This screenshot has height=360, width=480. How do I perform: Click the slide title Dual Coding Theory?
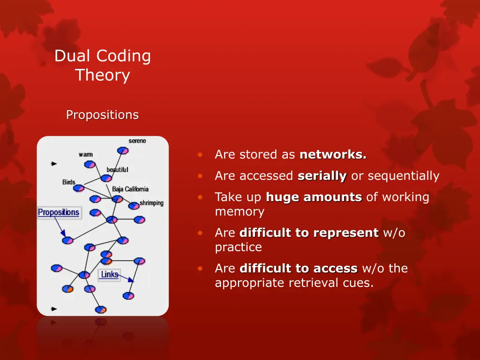[103, 65]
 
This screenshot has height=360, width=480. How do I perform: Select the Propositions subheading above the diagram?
[102, 115]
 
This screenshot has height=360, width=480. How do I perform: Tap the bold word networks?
[333, 155]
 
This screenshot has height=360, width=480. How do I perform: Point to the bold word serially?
[322, 176]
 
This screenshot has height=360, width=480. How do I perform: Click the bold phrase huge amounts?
[314, 197]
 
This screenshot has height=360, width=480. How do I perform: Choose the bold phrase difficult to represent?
[309, 233]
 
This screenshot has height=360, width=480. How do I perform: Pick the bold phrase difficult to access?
[299, 269]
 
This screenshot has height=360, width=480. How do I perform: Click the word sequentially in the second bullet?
[404, 176]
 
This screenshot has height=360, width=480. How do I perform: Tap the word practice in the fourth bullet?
[238, 247]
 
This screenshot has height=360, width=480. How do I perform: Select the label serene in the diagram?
[137, 141]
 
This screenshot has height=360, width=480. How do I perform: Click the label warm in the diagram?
[86, 154]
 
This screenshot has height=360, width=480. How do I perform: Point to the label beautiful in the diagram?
[117, 169]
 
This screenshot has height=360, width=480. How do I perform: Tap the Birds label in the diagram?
[69, 182]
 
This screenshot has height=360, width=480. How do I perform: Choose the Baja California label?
[130, 189]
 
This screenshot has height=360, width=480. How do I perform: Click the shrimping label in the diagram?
[151, 203]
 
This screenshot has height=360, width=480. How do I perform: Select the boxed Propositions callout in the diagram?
[59, 213]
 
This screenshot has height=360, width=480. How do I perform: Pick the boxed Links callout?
[109, 275]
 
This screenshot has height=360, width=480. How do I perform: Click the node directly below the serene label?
[123, 150]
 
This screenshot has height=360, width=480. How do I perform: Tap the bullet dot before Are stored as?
[200, 155]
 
